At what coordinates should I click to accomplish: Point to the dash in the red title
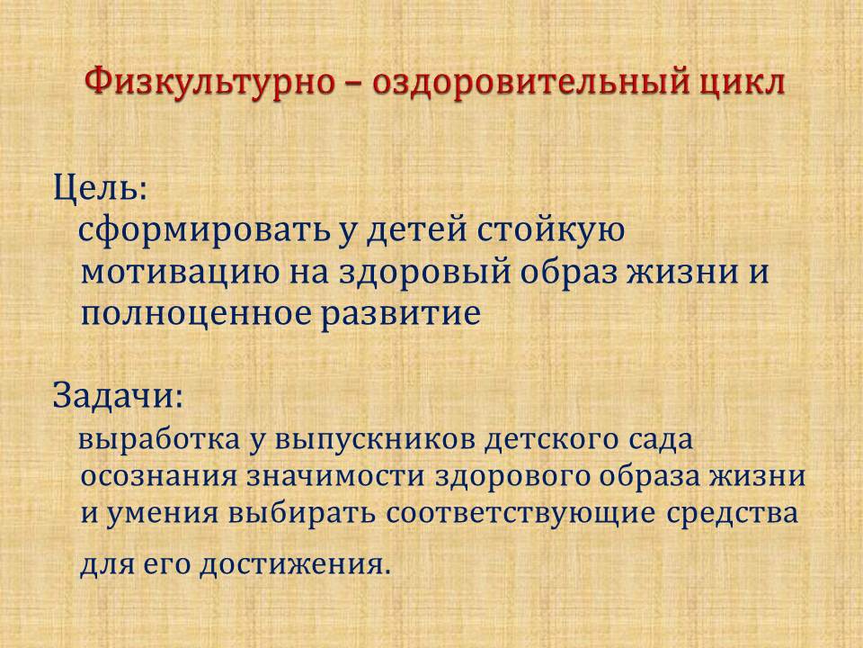click(354, 84)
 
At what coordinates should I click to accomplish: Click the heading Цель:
click(100, 188)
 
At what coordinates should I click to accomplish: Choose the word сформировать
click(203, 231)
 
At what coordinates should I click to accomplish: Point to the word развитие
click(401, 315)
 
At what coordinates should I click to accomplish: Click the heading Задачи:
click(117, 396)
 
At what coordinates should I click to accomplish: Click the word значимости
click(335, 476)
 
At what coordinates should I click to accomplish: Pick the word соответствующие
click(520, 514)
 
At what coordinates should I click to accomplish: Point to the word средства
click(733, 514)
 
